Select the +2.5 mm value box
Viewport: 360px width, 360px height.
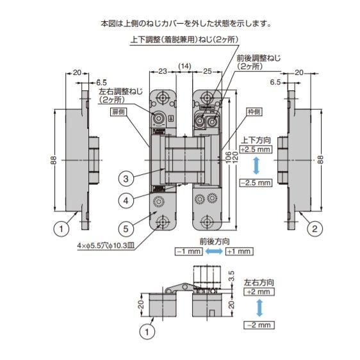[256, 149]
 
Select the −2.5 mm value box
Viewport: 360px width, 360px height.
[256, 183]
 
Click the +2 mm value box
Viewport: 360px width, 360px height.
[258, 291]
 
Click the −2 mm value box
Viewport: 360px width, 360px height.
[258, 325]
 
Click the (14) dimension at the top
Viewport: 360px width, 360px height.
[184, 66]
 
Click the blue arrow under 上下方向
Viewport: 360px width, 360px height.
[256, 166]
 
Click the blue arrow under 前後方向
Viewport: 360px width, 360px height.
[211, 252]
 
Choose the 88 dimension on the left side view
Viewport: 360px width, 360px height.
[53, 160]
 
